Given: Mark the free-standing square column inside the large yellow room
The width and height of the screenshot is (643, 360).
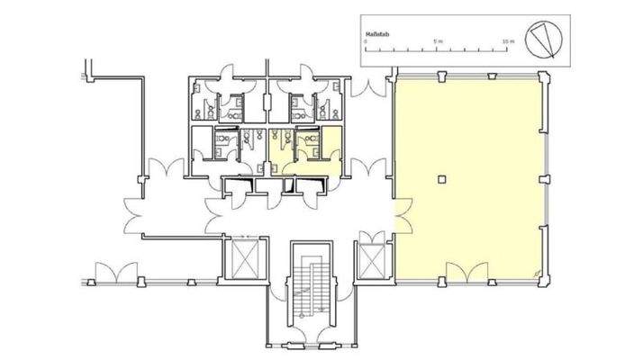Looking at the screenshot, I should [x=439, y=179].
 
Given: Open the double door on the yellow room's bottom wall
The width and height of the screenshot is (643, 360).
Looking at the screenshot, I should [x=466, y=270].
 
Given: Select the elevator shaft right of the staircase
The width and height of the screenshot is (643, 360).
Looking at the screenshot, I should [x=372, y=259].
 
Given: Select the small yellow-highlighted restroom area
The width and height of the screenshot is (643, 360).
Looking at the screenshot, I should [x=306, y=153].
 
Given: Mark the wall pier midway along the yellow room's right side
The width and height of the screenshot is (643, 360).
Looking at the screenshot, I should [x=544, y=178].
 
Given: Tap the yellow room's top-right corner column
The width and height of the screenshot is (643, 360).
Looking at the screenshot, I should [x=543, y=77].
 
